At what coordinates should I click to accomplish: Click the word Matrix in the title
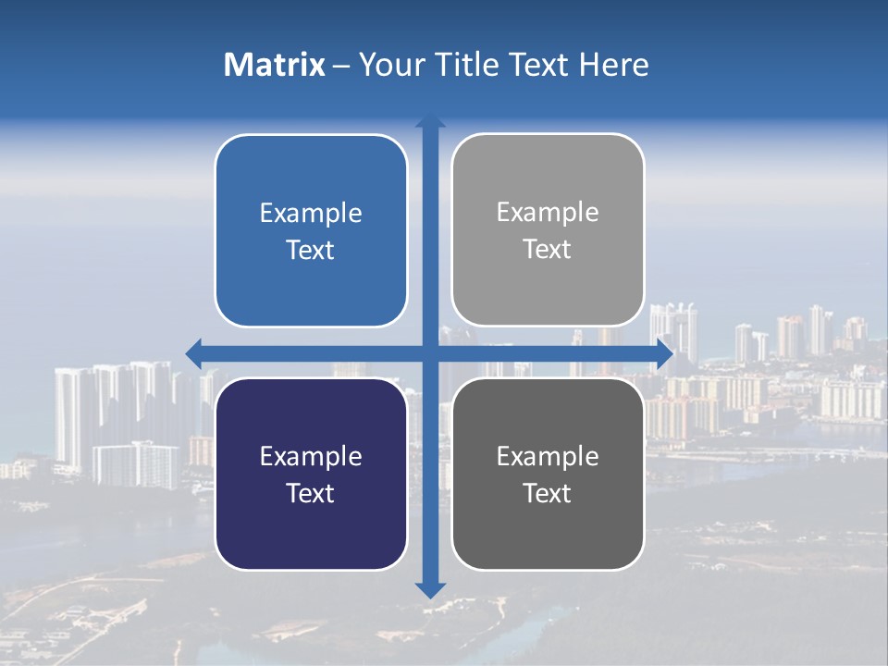point(275,65)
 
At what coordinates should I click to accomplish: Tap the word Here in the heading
point(613,65)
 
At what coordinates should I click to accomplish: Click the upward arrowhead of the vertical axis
point(430,120)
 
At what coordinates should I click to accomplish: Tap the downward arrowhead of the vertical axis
point(430,589)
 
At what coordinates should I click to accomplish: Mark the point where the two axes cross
point(430,352)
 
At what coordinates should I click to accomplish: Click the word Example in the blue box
point(311,213)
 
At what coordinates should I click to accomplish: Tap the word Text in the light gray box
point(548,250)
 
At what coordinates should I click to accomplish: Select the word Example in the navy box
point(311,456)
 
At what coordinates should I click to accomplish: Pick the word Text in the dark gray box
point(548,493)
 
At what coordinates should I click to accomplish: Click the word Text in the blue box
point(311,250)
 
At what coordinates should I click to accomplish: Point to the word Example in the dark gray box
point(548,456)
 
